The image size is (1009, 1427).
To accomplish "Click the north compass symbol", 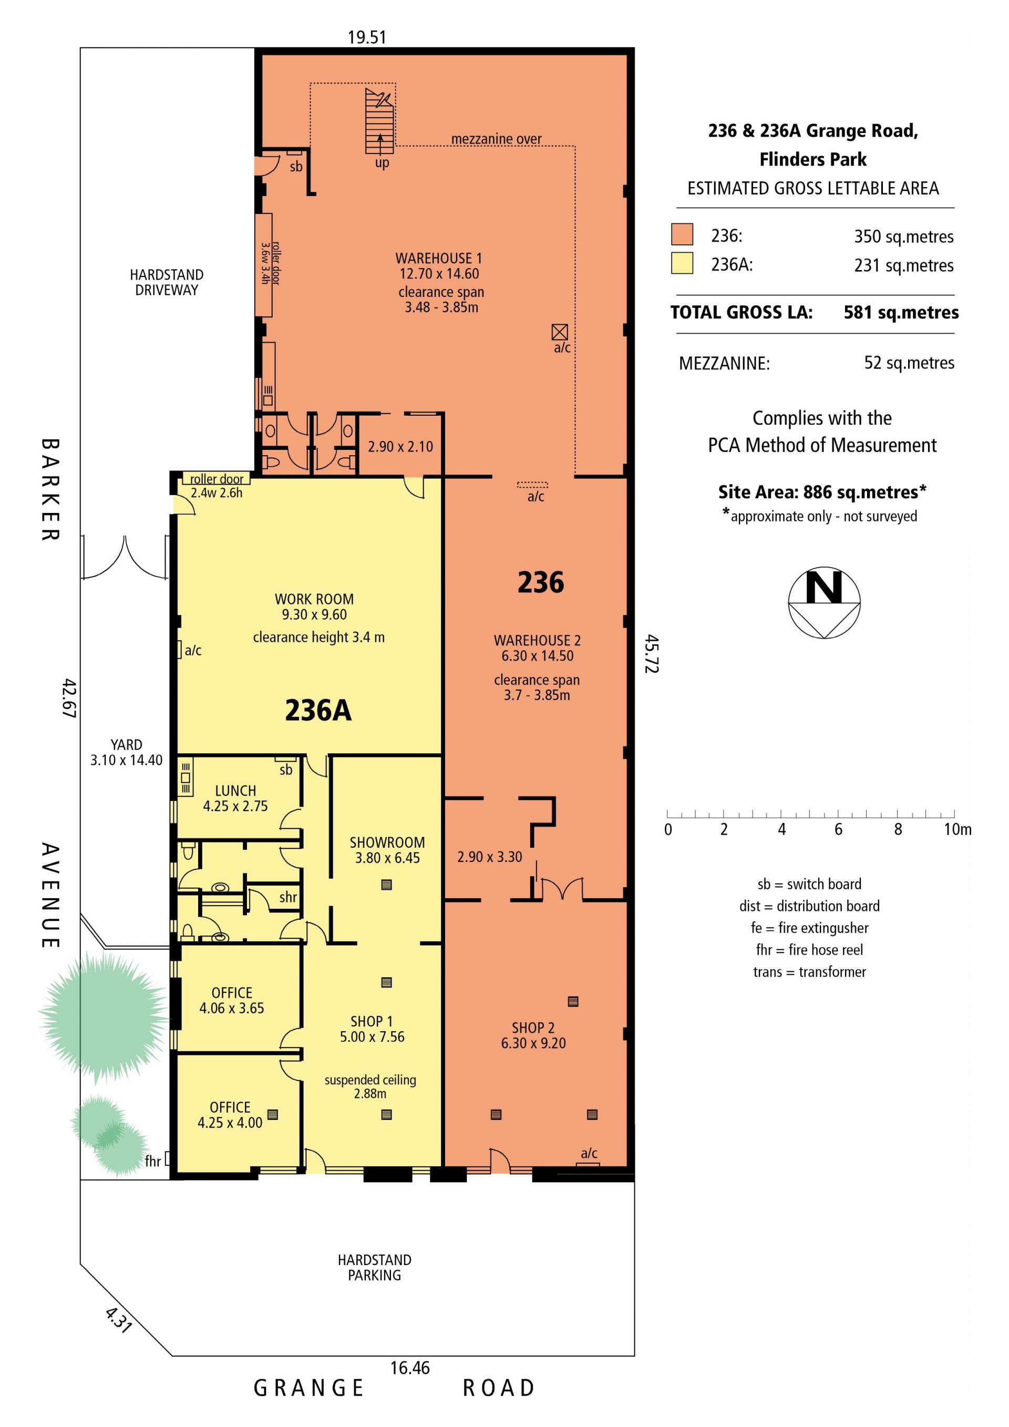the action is pos(824,602).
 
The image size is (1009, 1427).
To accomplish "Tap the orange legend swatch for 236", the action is pos(682,234).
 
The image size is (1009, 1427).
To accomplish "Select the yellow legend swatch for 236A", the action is pos(682,263).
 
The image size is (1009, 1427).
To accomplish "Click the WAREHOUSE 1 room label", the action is pos(439,258).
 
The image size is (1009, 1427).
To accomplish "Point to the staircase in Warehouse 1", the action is pos(379,121).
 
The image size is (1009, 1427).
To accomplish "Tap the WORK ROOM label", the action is pos(314,599).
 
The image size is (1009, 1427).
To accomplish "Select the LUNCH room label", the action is pos(235,791).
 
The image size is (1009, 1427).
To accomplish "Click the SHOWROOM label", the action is pos(387,843).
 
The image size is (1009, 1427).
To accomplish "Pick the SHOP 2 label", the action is pos(533,1028).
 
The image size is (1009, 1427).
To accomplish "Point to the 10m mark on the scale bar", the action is pos(954,814).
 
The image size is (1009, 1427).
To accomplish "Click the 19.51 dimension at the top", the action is pos(367,37).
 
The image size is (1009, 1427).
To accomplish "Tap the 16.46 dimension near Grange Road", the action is pos(410,1368).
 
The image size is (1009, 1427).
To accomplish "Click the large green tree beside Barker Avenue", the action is pos(103,1019).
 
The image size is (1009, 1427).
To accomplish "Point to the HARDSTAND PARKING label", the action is pos(375,1268).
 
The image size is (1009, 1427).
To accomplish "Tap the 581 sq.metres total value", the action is pos(901,312).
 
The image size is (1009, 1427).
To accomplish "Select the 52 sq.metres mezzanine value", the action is pos(909,363).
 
